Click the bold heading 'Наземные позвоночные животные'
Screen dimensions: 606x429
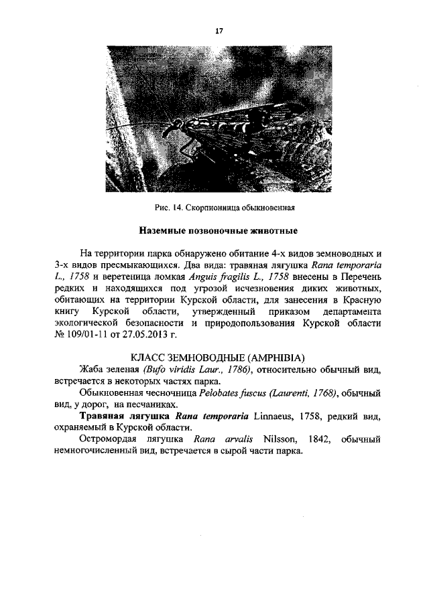coord(218,231)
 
